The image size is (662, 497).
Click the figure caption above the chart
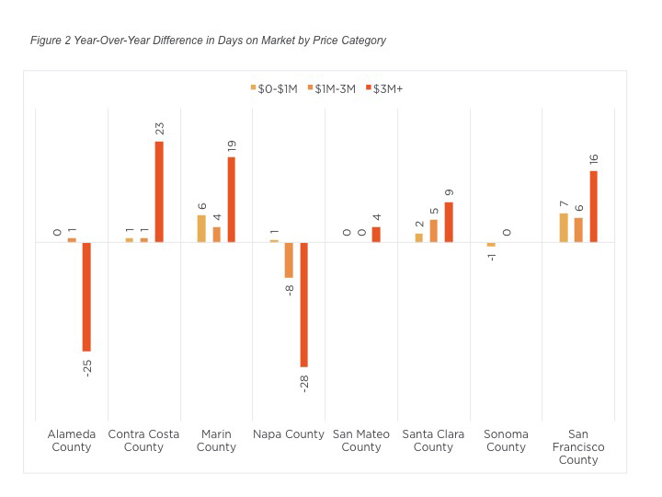[208, 40]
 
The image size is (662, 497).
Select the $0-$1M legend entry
[274, 88]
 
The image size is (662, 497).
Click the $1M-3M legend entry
[335, 88]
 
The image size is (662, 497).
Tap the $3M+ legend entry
[385, 88]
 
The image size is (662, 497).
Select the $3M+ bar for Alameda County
[87, 296]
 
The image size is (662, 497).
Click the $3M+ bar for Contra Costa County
[159, 191]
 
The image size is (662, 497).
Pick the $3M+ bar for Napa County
[303, 305]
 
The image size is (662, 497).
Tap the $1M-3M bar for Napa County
[289, 260]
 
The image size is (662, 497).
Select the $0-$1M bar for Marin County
[202, 228]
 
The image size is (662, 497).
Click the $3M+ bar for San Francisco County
[593, 206]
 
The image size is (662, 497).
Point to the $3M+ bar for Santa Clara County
[449, 222]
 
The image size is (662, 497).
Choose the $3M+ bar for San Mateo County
[376, 234]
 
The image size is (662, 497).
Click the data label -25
[87, 368]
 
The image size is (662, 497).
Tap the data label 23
[159, 128]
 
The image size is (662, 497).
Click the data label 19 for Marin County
[232, 144]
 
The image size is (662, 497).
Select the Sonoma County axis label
[506, 440]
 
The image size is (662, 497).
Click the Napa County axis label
[289, 433]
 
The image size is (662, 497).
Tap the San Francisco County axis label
[578, 446]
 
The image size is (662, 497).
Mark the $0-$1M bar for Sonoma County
[491, 245]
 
